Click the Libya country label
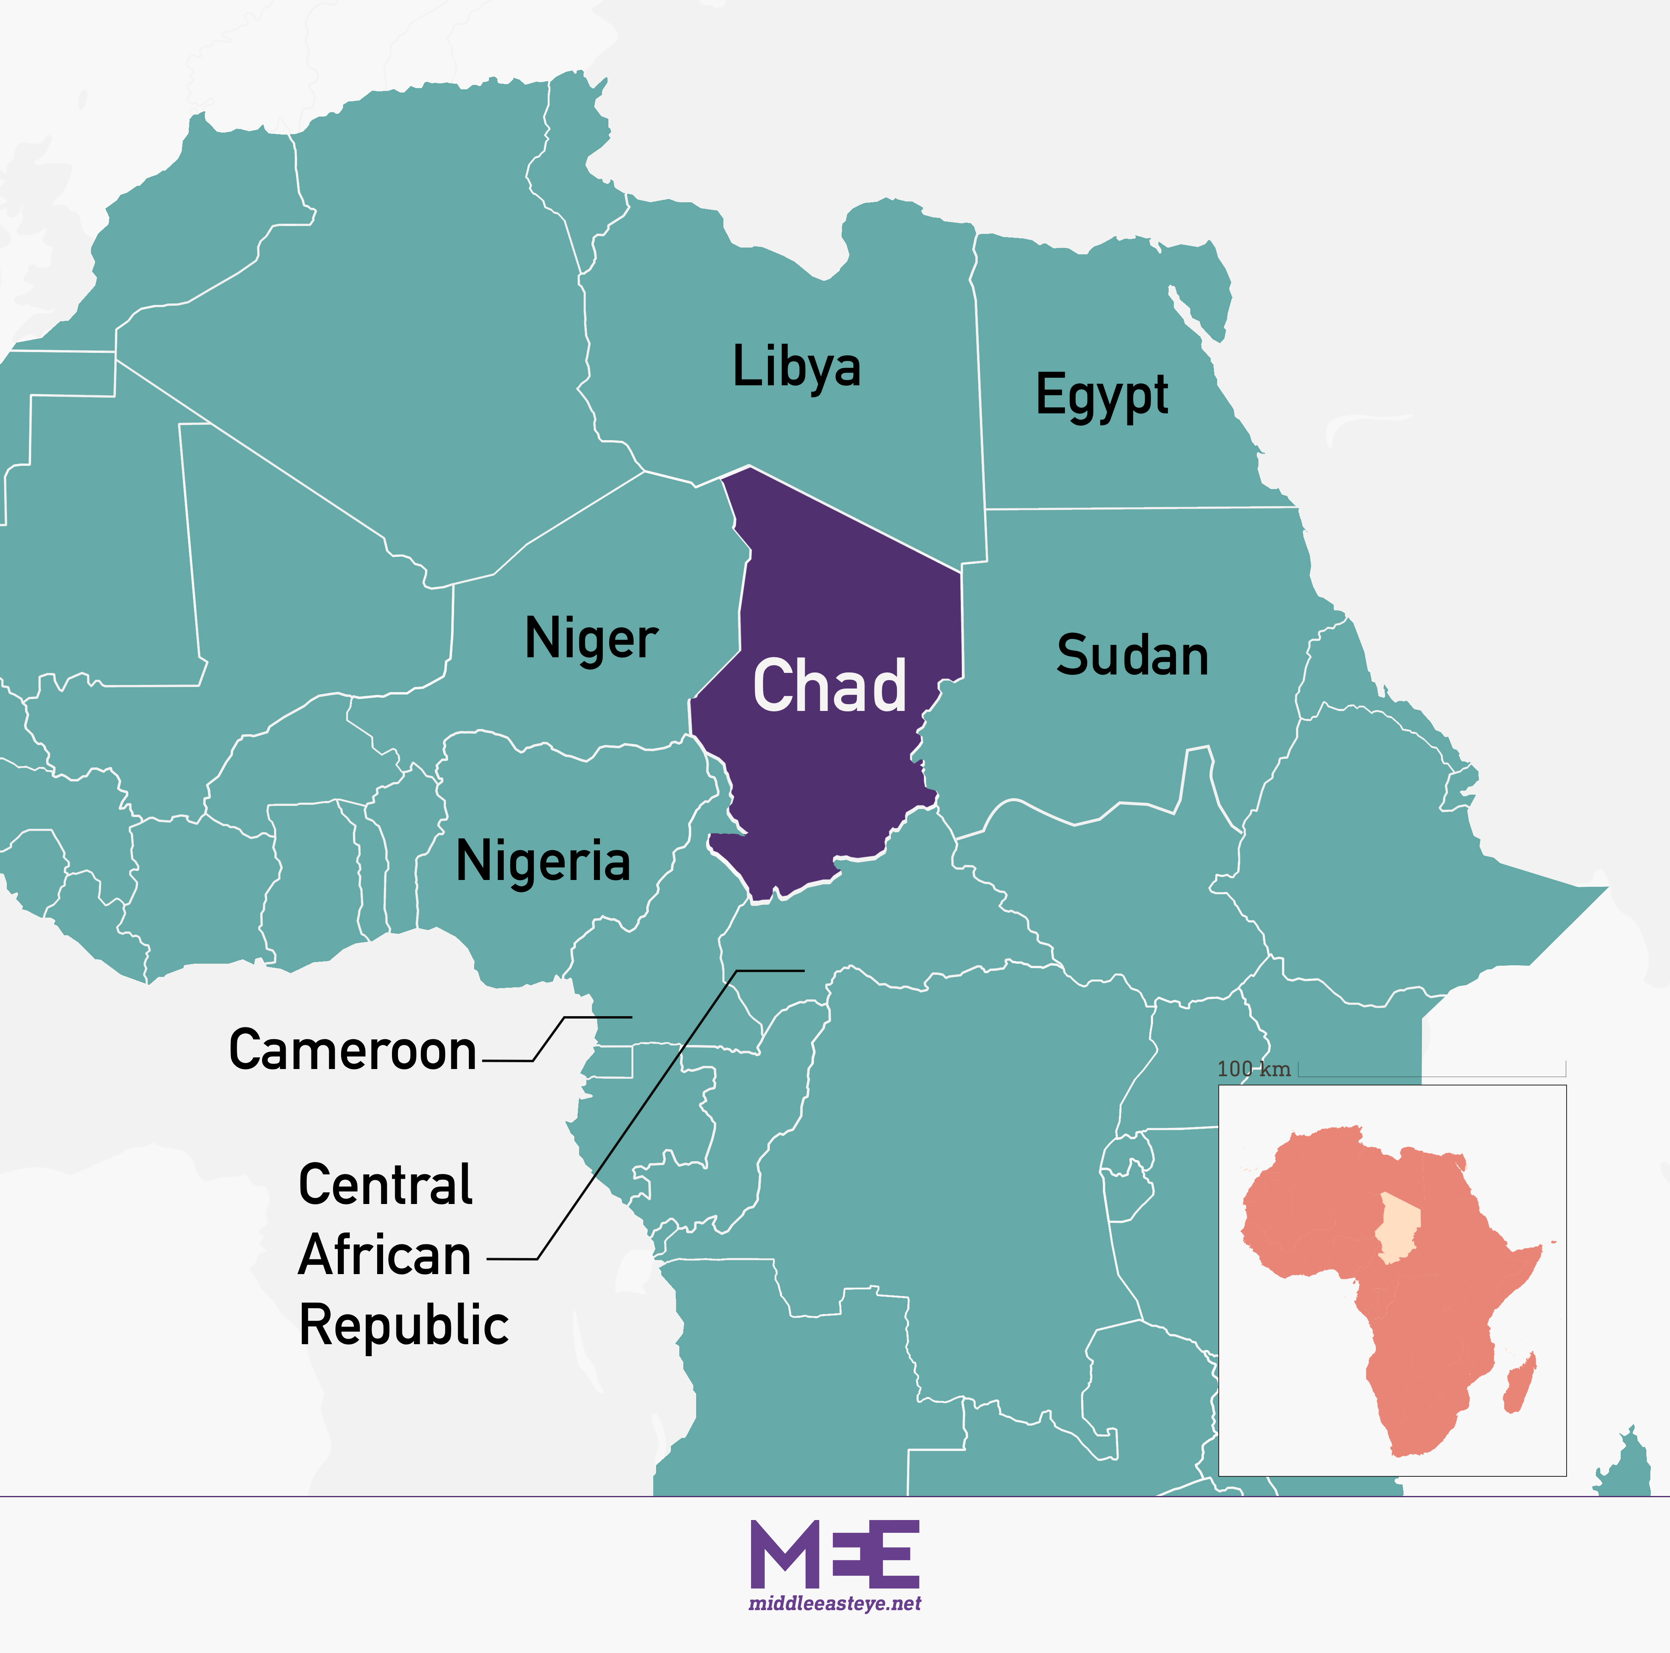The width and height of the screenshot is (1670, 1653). tap(796, 367)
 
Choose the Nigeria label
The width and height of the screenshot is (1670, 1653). tap(543, 862)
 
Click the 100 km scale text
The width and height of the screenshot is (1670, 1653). tap(1253, 1069)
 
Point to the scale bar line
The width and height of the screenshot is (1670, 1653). tap(1432, 1076)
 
